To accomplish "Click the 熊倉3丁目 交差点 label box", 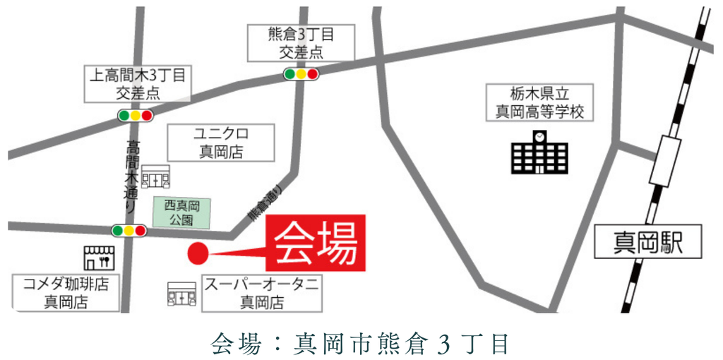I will tap(301, 42).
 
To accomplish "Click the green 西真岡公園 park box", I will tap(182, 212).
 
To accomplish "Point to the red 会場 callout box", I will tap(316, 243).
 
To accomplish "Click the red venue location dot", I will tap(197, 252).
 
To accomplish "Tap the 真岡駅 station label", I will tap(648, 244).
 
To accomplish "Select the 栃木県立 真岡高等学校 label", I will tap(540, 102).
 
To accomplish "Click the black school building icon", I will tap(539, 152).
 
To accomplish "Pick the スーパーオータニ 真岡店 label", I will tap(262, 293).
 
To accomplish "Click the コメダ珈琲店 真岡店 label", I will tap(66, 293).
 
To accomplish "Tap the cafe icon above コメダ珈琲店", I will tap(98, 258).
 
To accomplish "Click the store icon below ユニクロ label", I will tap(155, 176).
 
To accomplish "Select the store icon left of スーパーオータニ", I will tap(181, 293).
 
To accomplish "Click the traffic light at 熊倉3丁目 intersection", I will tap(301, 73).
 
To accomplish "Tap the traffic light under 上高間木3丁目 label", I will tap(135, 115).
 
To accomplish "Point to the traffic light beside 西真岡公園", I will tap(129, 230).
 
